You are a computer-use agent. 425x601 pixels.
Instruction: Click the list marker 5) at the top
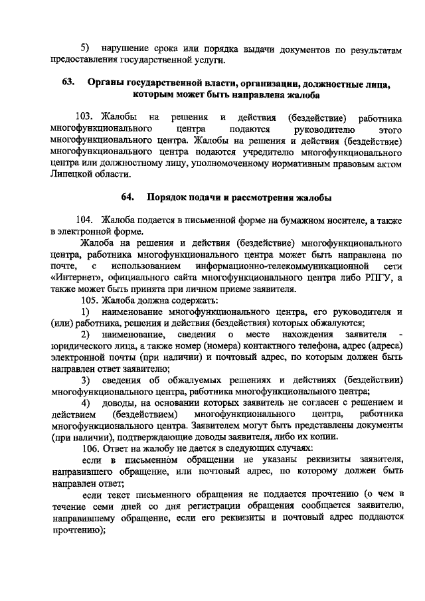point(86,48)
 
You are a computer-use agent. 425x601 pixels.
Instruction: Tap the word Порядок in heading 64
point(168,197)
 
